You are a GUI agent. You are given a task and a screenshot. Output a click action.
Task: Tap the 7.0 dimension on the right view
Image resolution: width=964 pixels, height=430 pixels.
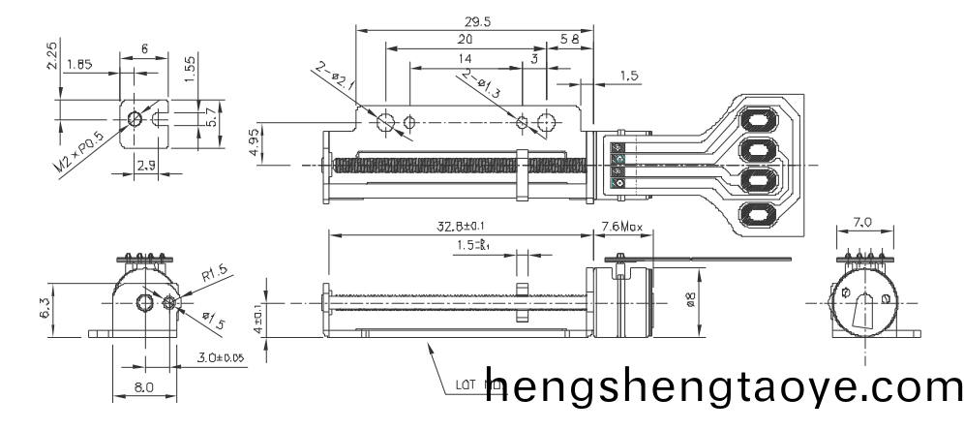coord(862,223)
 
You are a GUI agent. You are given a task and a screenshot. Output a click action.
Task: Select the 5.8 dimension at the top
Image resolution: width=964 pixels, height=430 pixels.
coord(570,39)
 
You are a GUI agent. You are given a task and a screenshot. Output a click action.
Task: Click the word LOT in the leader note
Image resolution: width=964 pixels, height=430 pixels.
coord(466,383)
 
